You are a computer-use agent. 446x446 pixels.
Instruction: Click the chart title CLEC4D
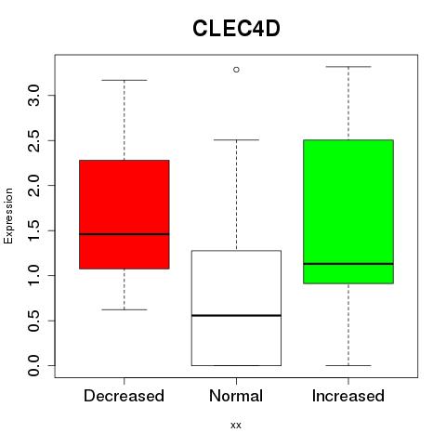tap(236, 29)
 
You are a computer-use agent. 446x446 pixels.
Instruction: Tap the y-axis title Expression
tap(8, 216)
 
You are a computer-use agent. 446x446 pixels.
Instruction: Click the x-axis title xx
tap(236, 426)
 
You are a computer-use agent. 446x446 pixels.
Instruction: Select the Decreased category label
tap(124, 396)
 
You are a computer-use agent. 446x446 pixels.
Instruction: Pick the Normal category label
tap(236, 396)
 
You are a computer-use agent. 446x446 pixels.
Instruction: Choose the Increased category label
tap(348, 396)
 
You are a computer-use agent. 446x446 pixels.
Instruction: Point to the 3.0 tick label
tap(33, 96)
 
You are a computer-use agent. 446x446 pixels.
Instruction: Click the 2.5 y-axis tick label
tap(33, 140)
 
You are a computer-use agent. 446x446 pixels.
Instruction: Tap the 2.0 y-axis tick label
tap(33, 186)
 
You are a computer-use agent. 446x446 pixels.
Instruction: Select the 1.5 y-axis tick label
tap(33, 230)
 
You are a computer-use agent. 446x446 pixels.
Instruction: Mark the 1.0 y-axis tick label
tap(33, 276)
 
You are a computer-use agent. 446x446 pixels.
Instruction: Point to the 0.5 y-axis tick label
tap(33, 321)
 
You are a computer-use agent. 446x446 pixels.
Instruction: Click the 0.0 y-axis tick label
tap(33, 366)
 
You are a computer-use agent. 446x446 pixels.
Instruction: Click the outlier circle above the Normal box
tap(236, 70)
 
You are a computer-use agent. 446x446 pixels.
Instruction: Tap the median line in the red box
tap(125, 234)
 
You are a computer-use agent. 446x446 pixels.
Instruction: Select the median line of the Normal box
tap(236, 315)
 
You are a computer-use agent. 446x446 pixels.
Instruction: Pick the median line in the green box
tap(348, 264)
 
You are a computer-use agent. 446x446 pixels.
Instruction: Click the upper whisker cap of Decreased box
tap(125, 80)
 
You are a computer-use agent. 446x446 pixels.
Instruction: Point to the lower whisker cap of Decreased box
tap(125, 309)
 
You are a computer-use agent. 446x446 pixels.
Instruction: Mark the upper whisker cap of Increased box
tap(348, 67)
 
